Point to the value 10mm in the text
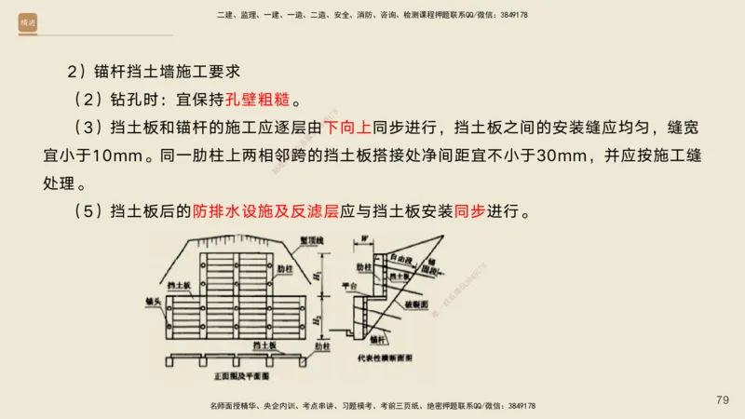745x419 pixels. coord(122,154)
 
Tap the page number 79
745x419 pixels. coord(723,399)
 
